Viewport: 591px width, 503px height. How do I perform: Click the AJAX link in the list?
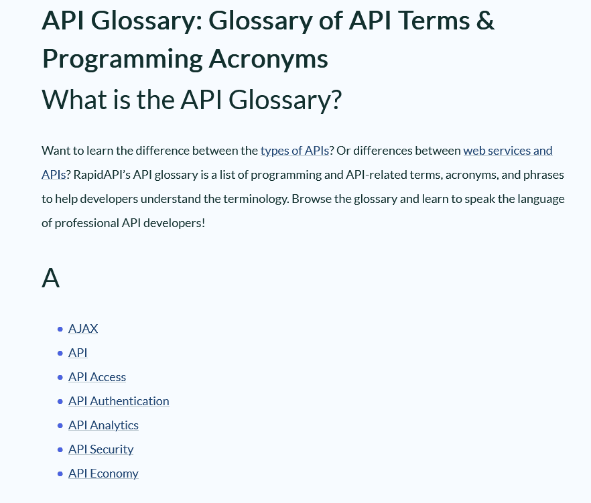click(x=83, y=329)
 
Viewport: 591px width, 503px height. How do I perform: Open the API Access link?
click(x=97, y=377)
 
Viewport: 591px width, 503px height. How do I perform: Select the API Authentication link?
click(x=119, y=401)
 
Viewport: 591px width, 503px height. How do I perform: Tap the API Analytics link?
click(x=103, y=425)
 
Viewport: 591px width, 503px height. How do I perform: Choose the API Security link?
click(x=101, y=449)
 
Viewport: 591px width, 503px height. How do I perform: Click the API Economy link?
click(x=103, y=474)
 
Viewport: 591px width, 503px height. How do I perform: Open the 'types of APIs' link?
click(x=295, y=151)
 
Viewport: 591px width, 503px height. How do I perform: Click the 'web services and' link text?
click(x=507, y=151)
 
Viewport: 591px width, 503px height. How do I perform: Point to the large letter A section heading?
click(x=50, y=277)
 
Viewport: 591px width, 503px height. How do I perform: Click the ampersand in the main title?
click(x=486, y=21)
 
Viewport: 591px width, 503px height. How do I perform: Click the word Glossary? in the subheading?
click(x=285, y=100)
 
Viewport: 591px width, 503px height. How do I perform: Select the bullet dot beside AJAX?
click(x=60, y=329)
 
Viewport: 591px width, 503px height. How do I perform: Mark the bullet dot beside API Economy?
click(x=60, y=474)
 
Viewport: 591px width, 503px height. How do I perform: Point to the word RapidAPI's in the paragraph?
click(x=102, y=175)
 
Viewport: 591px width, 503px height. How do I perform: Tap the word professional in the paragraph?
click(x=87, y=223)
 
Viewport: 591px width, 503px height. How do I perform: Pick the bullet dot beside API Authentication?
click(x=60, y=401)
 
